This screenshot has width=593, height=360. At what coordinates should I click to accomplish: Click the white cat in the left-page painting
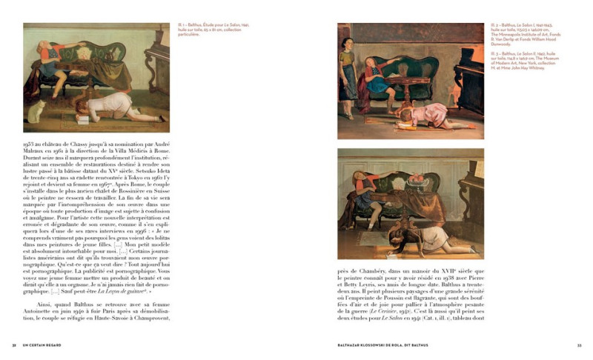pos(33,112)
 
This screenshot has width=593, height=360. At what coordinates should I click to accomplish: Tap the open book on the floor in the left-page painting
pos(83,119)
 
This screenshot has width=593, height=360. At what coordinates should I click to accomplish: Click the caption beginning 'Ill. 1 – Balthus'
pos(202,30)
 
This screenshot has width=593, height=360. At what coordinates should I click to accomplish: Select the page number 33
pos(579,345)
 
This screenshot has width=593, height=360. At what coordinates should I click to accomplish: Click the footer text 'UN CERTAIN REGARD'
pos(42,345)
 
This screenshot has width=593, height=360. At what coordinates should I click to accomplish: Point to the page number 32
pos(14,345)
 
